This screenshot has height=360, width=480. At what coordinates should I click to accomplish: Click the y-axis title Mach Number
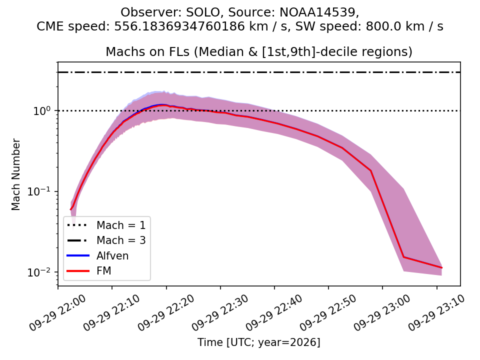coord(15,174)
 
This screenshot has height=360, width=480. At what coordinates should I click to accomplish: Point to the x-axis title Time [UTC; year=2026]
coord(259,342)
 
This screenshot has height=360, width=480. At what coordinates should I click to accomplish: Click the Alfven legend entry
coord(97,255)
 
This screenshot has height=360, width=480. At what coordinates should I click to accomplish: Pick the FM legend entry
coord(89,271)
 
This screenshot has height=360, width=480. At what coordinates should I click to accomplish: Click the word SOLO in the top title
coord(203,12)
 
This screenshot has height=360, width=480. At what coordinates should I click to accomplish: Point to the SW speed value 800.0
coord(382,26)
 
